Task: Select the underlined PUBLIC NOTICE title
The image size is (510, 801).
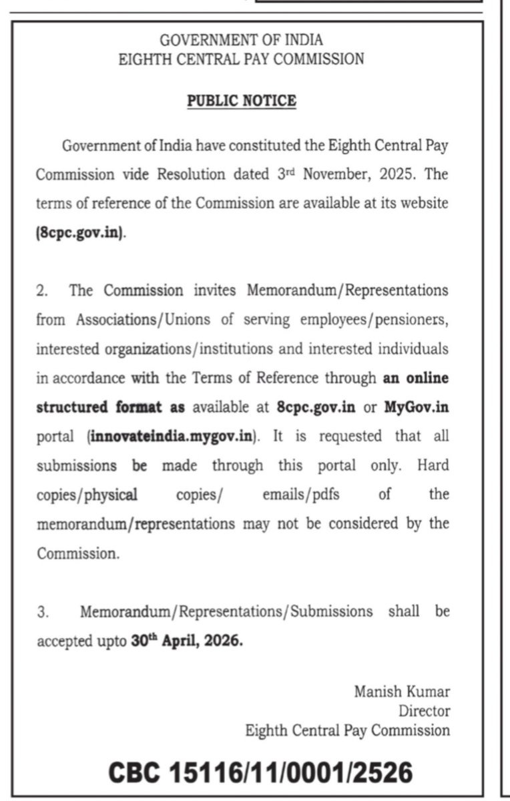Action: point(241,101)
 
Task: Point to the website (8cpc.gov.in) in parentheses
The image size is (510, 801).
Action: point(80,234)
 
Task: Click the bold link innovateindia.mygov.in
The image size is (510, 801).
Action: point(173,436)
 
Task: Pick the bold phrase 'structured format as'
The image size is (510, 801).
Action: point(110,407)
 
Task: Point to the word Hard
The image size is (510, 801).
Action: point(433,465)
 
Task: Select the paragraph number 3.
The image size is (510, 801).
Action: point(41,611)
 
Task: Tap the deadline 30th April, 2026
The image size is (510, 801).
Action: point(188,641)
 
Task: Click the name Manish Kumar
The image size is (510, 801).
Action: point(402,691)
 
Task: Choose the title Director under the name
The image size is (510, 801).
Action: point(425,711)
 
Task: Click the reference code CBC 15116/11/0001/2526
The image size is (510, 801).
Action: point(260,772)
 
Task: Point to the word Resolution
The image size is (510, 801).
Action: point(191,175)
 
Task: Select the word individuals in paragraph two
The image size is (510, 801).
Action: point(413,349)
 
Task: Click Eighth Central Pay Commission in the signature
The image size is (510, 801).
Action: point(347,730)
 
